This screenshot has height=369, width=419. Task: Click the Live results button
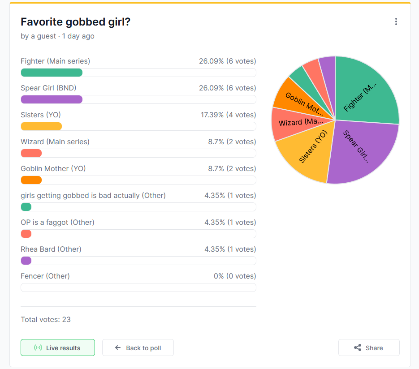pos(58,348)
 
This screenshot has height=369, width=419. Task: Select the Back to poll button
pos(138,348)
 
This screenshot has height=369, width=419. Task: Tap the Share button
pos(369,348)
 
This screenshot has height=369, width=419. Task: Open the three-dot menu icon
pos(396,21)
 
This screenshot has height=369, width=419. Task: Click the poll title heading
pos(75,21)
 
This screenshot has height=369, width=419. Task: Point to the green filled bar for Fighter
pos(52,73)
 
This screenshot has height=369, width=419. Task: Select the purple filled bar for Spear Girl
pos(52,99)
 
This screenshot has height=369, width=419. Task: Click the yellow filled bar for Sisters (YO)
pos(41,126)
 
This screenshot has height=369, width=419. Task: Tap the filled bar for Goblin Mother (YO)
pos(31,180)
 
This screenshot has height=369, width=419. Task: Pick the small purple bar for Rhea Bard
pos(26,261)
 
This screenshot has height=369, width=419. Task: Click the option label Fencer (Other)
pos(45,276)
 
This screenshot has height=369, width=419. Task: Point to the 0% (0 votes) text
pos(235,276)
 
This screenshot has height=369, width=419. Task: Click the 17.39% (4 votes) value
pos(229,115)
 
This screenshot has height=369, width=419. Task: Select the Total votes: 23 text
pos(46,319)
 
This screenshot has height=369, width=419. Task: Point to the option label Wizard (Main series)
pos(55,142)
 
